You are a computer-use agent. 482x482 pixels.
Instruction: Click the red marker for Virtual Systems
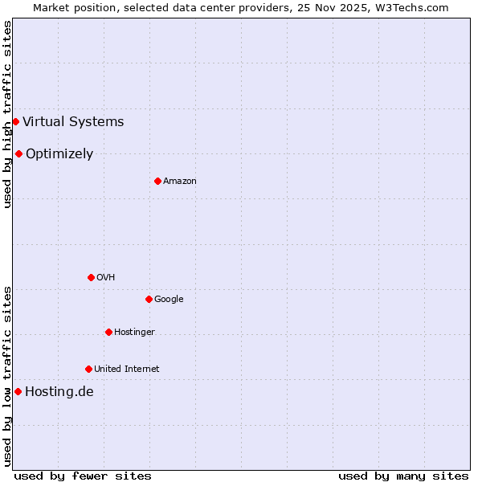(x=15, y=121)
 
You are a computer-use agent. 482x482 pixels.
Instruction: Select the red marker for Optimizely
(x=18, y=153)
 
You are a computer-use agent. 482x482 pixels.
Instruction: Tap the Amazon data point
(x=157, y=181)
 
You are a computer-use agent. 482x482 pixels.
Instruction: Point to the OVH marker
(x=91, y=277)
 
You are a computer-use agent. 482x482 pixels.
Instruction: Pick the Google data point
(x=149, y=299)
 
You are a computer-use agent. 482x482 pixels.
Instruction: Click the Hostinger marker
(x=108, y=332)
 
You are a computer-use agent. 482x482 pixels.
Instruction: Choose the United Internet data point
(x=88, y=369)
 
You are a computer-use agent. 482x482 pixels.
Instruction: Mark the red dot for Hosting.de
(x=18, y=391)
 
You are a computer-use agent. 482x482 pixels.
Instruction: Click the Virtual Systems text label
(x=73, y=122)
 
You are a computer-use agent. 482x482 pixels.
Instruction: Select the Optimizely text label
(x=59, y=154)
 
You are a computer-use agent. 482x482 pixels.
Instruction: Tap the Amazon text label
(x=180, y=182)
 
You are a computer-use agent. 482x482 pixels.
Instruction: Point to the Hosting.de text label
(x=59, y=392)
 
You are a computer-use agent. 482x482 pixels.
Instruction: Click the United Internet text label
(x=127, y=370)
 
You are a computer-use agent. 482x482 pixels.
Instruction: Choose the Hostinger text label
(x=134, y=333)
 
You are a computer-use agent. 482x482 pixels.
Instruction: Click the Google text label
(x=169, y=300)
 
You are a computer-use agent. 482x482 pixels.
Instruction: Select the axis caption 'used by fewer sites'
(x=83, y=476)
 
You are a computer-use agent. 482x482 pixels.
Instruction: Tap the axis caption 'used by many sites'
(x=403, y=476)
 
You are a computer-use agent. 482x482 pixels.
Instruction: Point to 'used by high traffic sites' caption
(x=8, y=114)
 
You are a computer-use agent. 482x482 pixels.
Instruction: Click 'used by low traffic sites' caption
(x=8, y=376)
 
